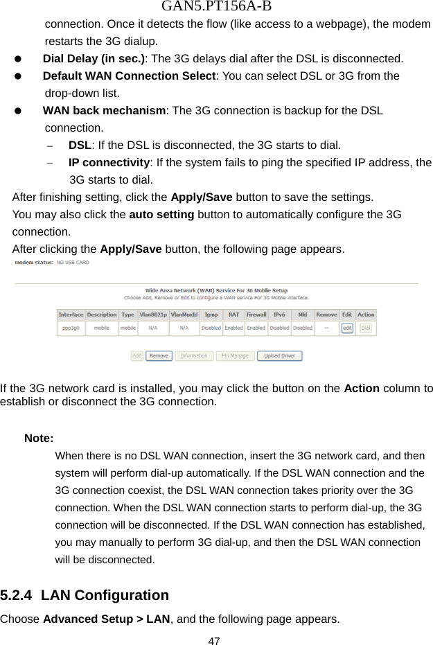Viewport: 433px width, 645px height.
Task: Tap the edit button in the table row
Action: pyautogui.click(x=347, y=328)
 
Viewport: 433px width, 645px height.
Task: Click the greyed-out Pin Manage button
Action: pyautogui.click(x=234, y=356)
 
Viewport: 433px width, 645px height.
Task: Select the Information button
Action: pyautogui.click(x=193, y=356)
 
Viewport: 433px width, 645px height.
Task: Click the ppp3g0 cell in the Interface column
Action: pyautogui.click(x=71, y=328)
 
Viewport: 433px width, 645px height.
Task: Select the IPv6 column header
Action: pyautogui.click(x=279, y=315)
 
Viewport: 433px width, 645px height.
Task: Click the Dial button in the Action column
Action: pyautogui.click(x=365, y=328)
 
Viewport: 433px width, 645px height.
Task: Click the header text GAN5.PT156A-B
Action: pyautogui.click(x=216, y=8)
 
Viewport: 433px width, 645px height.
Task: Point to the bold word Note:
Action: pyautogui.click(x=39, y=438)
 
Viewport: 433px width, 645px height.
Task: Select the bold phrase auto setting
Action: pyautogui.click(x=161, y=214)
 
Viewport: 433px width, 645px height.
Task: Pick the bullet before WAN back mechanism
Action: pyautogui.click(x=20, y=111)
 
